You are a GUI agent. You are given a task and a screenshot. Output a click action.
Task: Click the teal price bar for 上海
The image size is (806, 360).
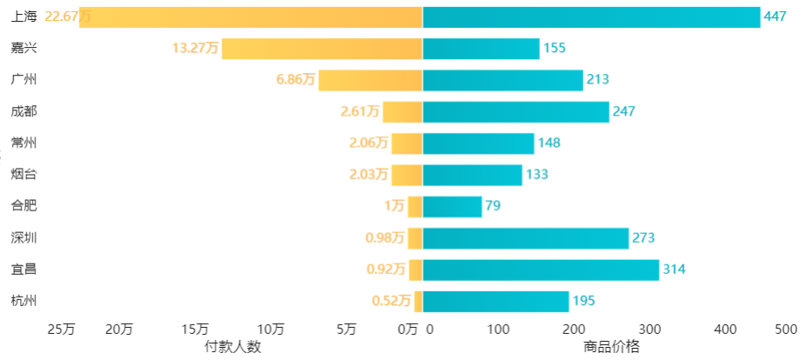591,17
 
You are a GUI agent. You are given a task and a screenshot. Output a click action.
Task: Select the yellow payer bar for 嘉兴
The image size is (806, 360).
322,49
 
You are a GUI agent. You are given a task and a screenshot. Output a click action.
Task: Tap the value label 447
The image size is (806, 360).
776,17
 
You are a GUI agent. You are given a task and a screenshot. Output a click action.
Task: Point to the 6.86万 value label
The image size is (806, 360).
295,80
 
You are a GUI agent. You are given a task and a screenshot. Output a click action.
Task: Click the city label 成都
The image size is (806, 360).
24,111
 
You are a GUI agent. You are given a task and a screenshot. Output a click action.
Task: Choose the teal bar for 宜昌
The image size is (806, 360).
541,270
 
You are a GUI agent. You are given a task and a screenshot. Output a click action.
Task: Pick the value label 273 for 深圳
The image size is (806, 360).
643,238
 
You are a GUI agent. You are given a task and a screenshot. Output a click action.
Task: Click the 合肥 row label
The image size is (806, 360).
24,206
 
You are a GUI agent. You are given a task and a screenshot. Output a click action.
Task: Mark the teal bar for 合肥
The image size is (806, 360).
452,206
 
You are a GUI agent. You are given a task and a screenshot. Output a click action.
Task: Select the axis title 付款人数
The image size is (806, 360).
233,346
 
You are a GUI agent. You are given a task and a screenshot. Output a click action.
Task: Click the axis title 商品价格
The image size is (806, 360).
611,346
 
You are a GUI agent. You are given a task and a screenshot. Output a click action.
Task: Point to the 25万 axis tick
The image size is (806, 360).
61,330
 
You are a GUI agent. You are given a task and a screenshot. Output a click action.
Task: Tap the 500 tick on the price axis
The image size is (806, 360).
785,330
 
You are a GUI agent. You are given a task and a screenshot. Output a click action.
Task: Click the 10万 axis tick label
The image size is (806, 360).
271,330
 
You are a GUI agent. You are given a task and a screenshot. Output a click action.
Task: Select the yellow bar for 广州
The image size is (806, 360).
370,80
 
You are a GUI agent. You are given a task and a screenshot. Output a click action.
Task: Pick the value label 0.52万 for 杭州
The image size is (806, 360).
390,301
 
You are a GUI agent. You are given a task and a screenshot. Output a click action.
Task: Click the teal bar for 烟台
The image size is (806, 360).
472,175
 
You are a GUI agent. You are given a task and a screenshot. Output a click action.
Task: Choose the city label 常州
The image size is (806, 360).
24,143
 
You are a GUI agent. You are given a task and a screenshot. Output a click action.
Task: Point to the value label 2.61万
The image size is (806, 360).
359,111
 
